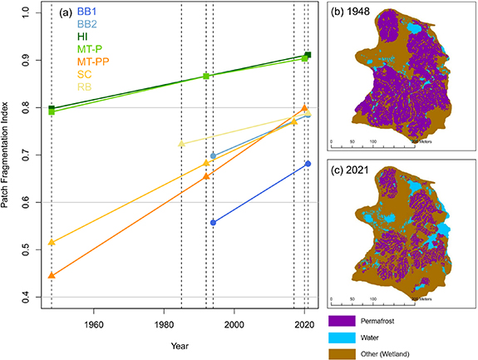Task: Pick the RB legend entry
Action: point(84,86)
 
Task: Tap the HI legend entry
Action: point(81,37)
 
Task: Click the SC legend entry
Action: point(84,74)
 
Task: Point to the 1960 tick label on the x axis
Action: point(93,324)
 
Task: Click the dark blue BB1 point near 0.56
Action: point(214,222)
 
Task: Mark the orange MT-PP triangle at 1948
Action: point(52,275)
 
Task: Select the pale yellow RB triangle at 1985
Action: point(182,144)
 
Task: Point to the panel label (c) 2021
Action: point(351,162)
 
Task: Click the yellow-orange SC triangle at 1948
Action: point(52,242)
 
